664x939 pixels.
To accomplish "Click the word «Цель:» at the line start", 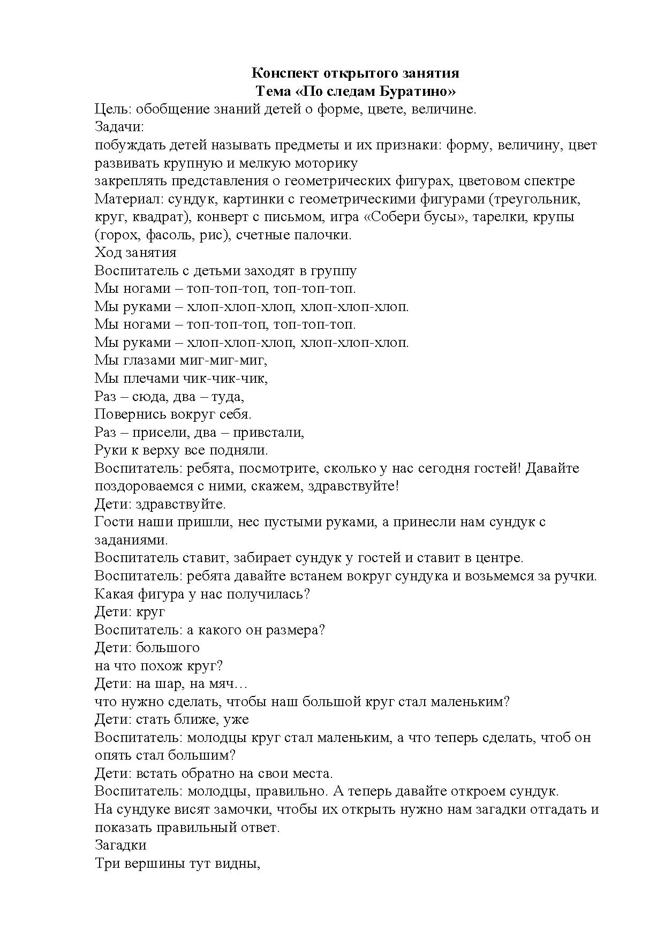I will click(x=113, y=109).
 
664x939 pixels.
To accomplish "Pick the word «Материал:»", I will click(x=129, y=199).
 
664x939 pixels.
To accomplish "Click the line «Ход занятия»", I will click(x=135, y=252).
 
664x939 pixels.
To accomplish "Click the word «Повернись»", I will click(x=130, y=414).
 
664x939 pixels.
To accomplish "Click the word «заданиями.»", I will click(x=132, y=540).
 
